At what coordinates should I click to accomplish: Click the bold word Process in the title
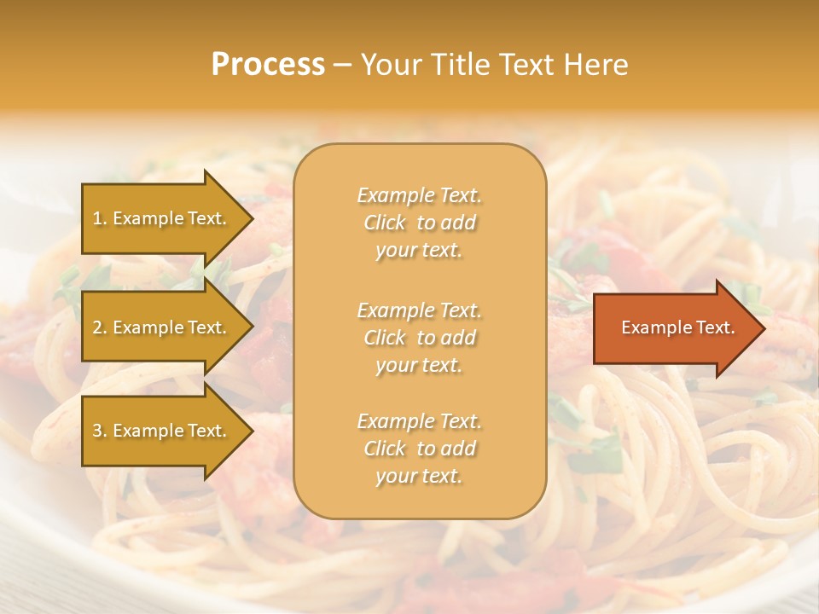(x=268, y=65)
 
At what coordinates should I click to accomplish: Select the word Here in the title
(x=595, y=65)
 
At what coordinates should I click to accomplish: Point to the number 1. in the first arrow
(x=100, y=218)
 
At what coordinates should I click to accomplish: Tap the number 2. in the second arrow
(x=100, y=327)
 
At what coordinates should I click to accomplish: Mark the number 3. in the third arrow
(x=100, y=431)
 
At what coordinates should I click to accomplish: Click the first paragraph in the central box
(x=419, y=223)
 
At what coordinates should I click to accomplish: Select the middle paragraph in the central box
(x=419, y=338)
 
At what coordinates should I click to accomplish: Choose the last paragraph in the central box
(x=419, y=449)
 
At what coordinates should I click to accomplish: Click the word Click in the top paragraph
(x=385, y=223)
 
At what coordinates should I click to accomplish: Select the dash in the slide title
(x=342, y=65)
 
